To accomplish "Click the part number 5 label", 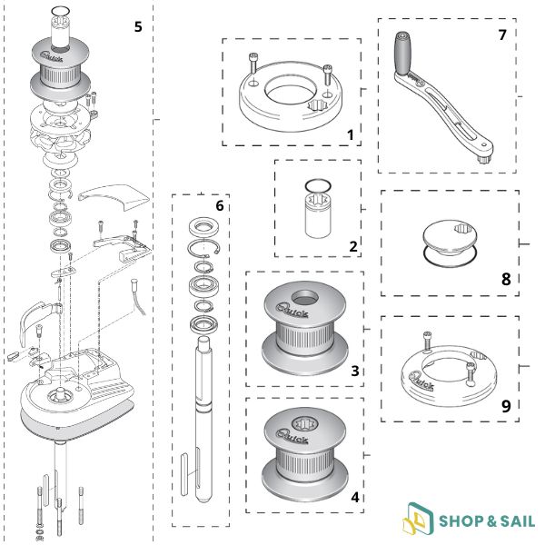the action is pyautogui.click(x=138, y=26).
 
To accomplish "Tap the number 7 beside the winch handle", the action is pyautogui.click(x=502, y=35).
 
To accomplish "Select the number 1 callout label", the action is pyautogui.click(x=351, y=134).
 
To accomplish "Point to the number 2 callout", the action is pyautogui.click(x=353, y=246).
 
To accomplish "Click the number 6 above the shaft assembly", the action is pyautogui.click(x=220, y=206).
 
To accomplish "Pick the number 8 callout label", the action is pyautogui.click(x=506, y=279).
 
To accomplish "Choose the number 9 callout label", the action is pyautogui.click(x=506, y=406).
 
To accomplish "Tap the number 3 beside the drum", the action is pyautogui.click(x=355, y=371).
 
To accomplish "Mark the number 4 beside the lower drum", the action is pyautogui.click(x=355, y=498).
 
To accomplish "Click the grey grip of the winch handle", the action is pyautogui.click(x=402, y=54).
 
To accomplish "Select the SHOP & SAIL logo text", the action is pyautogui.click(x=487, y=521).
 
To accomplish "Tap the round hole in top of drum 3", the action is pyautogui.click(x=305, y=297).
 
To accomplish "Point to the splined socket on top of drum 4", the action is pyautogui.click(x=305, y=423).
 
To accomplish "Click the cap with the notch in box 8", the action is pyautogui.click(x=450, y=236).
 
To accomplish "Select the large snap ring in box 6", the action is pyautogui.click(x=203, y=248).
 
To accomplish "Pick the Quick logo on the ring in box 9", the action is pyautogui.click(x=421, y=381).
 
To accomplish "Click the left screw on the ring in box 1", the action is pyautogui.click(x=253, y=64).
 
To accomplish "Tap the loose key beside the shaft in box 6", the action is pyautogui.click(x=184, y=474).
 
